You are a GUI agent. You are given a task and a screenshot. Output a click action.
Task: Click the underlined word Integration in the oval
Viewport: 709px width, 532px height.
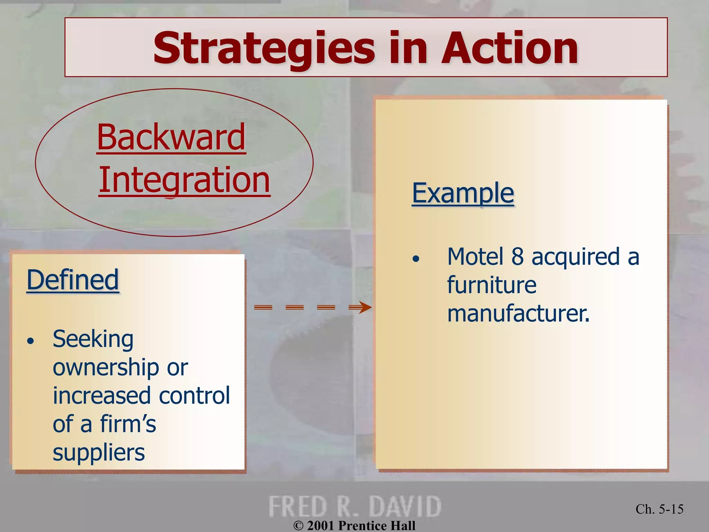[x=184, y=180]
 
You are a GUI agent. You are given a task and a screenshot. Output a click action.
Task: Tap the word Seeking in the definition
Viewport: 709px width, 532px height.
[x=93, y=339]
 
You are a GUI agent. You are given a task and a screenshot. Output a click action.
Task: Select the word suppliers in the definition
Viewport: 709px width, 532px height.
[x=99, y=452]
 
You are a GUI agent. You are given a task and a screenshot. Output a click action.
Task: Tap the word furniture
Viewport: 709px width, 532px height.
[x=492, y=285]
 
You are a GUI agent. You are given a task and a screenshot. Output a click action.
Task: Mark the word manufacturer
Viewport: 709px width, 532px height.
[x=518, y=313]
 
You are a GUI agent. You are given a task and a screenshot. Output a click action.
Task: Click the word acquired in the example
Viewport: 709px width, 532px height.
[x=575, y=257]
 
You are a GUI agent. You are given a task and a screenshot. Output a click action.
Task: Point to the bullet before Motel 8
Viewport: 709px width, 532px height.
[x=416, y=259]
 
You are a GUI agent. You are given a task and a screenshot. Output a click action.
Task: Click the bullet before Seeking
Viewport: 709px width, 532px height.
[x=31, y=341]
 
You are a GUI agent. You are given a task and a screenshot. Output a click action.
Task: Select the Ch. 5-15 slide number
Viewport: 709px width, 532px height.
[x=659, y=509]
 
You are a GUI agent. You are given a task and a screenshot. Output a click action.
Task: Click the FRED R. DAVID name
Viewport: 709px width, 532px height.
[x=354, y=506]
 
